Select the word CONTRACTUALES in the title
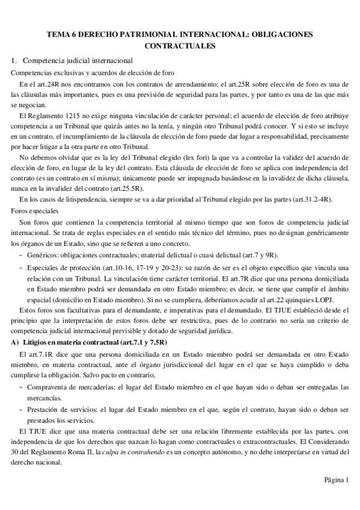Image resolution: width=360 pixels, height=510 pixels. pyautogui.click(x=180, y=45)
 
